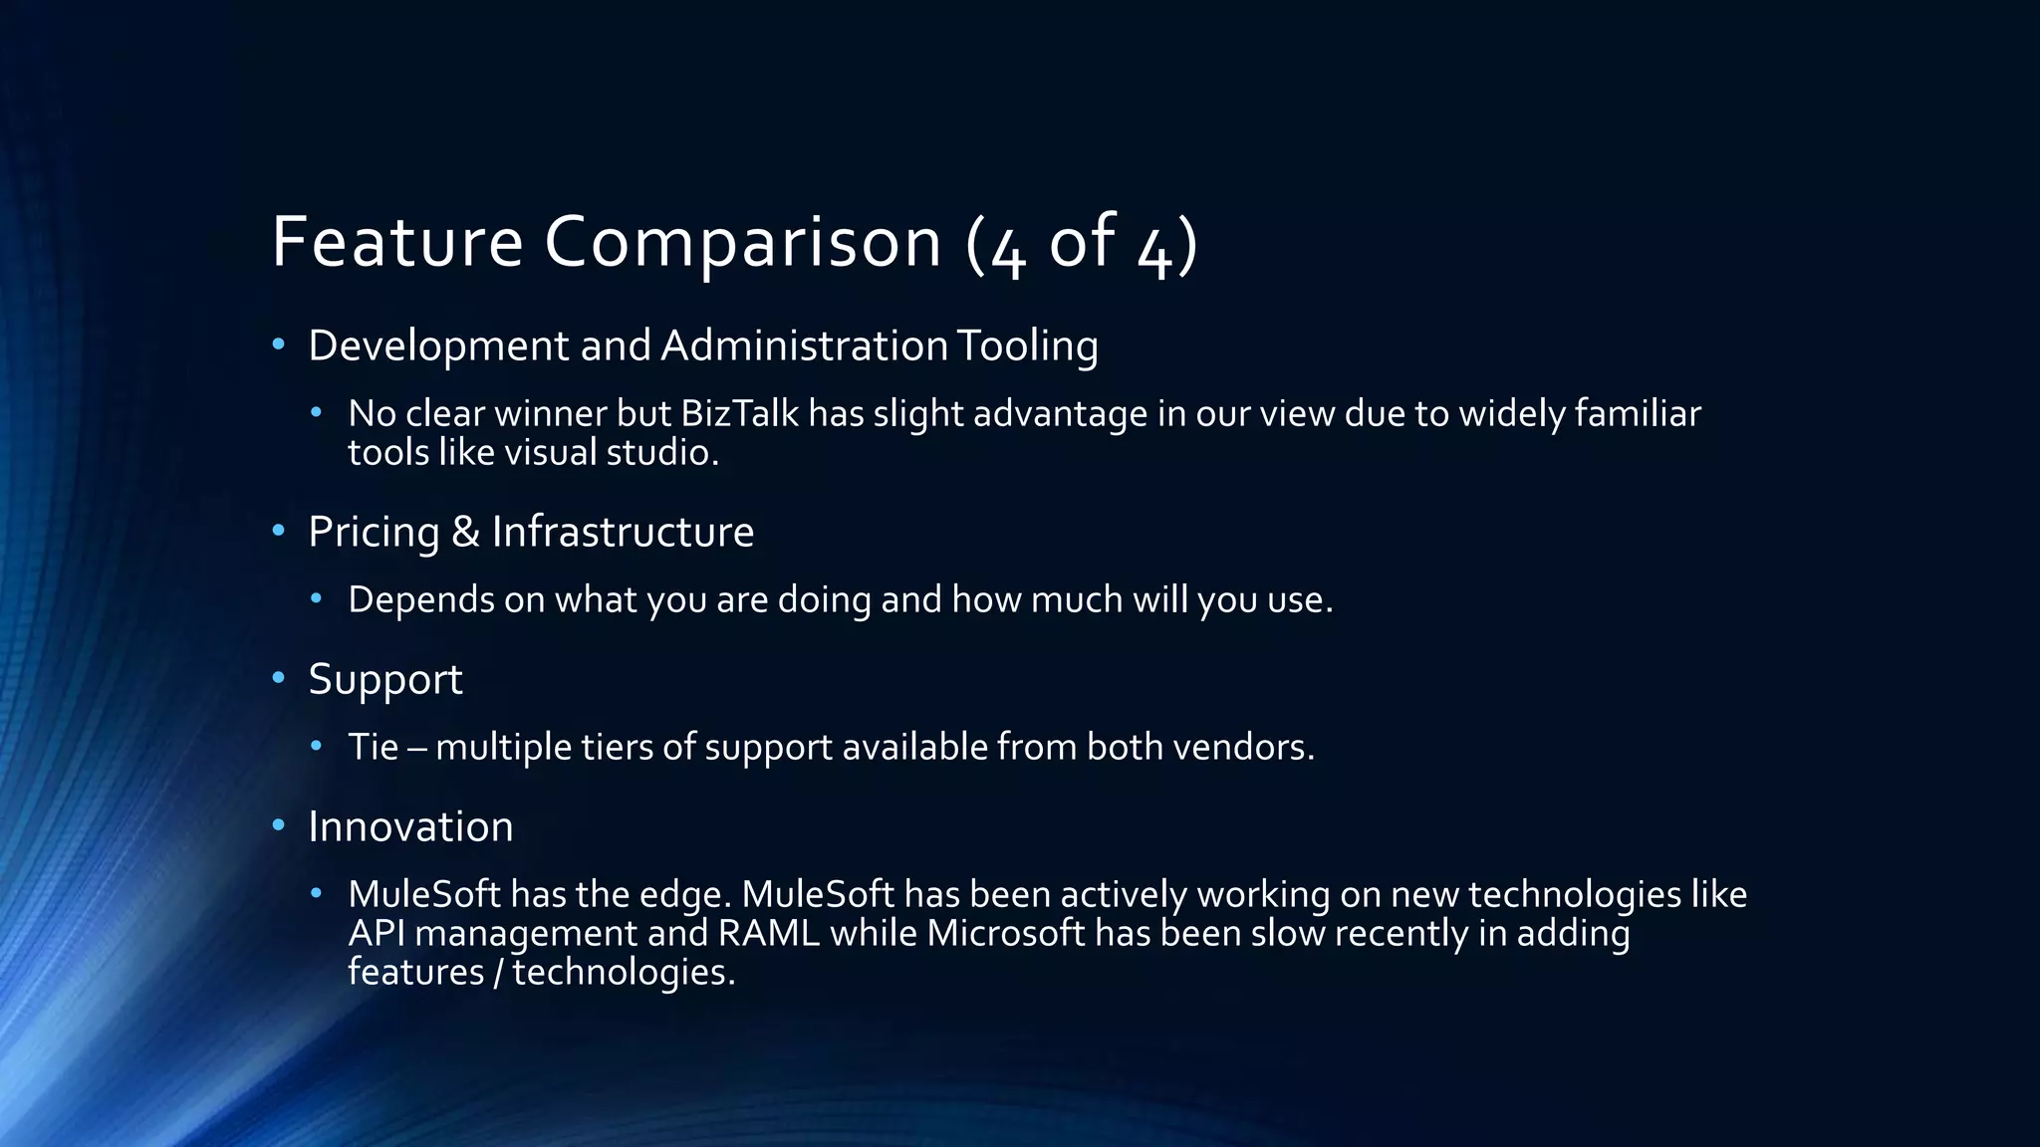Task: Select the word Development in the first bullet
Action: point(438,345)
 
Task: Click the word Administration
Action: point(804,345)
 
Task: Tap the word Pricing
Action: point(374,533)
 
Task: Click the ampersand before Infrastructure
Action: point(465,532)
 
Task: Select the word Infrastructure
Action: point(623,532)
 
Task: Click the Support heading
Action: point(385,680)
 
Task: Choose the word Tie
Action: point(373,747)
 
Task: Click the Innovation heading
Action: point(410,826)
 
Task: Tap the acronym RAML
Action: point(768,934)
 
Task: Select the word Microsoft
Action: point(1005,934)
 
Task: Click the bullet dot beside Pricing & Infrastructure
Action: point(279,531)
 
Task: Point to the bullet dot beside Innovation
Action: point(279,825)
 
